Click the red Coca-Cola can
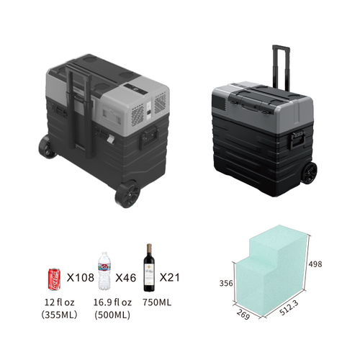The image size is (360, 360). pyautogui.click(x=55, y=279)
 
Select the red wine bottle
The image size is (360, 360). pyautogui.click(x=149, y=268)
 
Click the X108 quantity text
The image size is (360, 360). pyautogui.click(x=80, y=278)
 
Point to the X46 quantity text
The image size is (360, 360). pyautogui.click(x=126, y=278)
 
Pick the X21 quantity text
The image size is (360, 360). pyautogui.click(x=169, y=277)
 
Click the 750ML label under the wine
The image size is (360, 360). pyautogui.click(x=157, y=302)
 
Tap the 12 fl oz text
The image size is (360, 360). pyautogui.click(x=59, y=302)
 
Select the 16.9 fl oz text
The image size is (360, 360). pyautogui.click(x=112, y=302)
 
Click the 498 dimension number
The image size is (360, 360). pyautogui.click(x=315, y=264)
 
